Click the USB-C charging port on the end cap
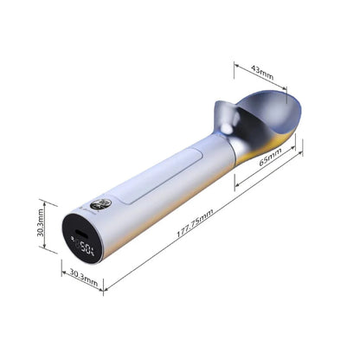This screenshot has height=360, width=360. coord(80,235)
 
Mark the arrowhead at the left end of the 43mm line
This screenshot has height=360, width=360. coord(235,64)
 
